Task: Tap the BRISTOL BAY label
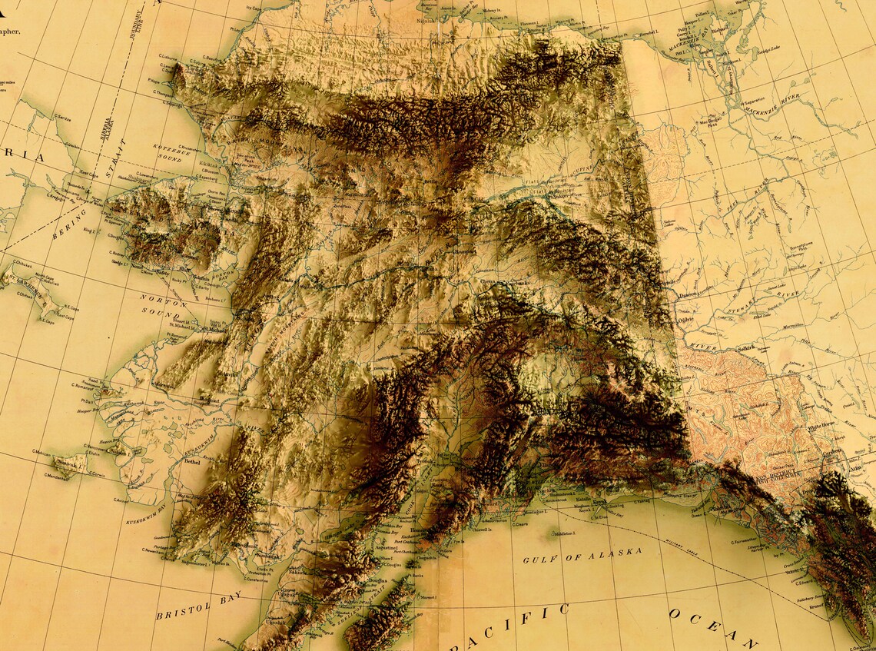[x=198, y=606]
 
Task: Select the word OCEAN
[x=712, y=626]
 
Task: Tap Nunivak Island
[x=70, y=463]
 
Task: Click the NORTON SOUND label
[x=164, y=305]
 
